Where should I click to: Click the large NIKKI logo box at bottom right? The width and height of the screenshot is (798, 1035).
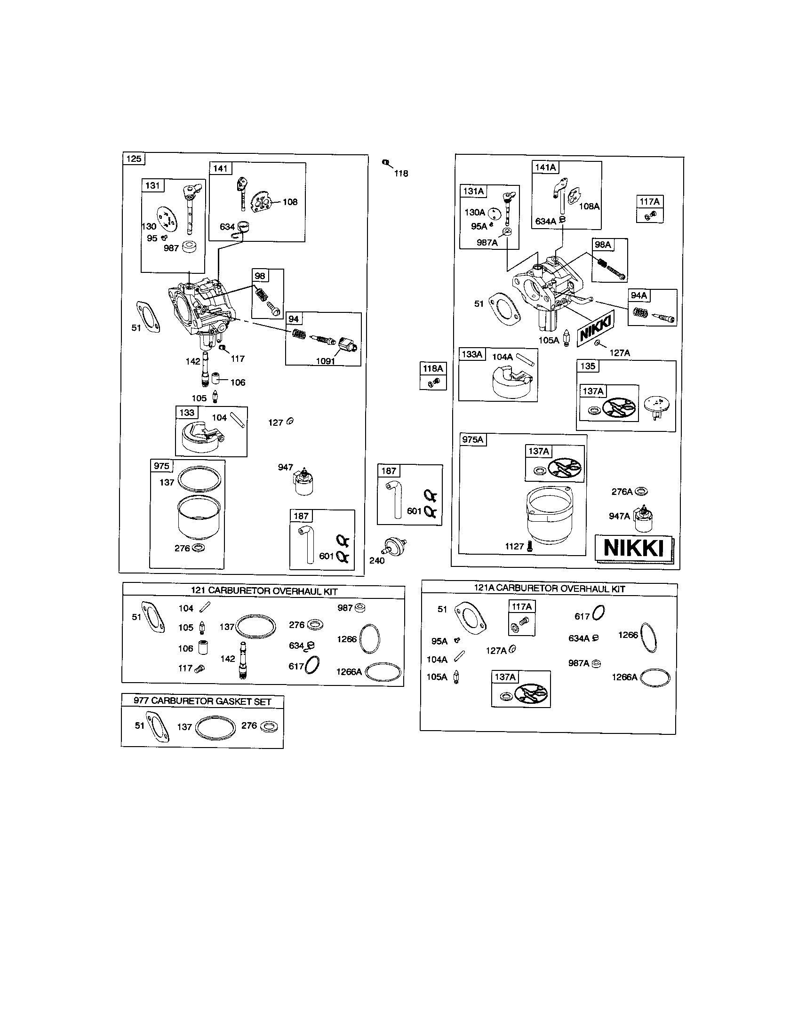point(634,548)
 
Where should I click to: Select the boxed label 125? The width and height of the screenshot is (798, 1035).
point(134,159)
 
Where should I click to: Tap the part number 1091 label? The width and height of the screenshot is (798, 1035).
point(326,361)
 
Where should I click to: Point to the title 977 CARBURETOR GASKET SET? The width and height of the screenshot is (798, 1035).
point(202,701)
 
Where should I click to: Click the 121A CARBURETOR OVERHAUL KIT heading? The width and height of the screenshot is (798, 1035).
point(549,589)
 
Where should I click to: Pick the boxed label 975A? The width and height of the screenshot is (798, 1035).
point(472,440)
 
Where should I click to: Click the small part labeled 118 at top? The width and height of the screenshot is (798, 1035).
point(386,163)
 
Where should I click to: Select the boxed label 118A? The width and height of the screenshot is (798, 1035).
point(433,369)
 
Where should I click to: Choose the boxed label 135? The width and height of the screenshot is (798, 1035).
point(588,366)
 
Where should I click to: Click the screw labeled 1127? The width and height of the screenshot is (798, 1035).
point(530,546)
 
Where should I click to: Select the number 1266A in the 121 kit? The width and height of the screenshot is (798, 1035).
point(349,671)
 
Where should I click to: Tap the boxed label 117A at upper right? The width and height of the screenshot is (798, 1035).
point(649,202)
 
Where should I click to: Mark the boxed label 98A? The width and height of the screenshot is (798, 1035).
point(603,245)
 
